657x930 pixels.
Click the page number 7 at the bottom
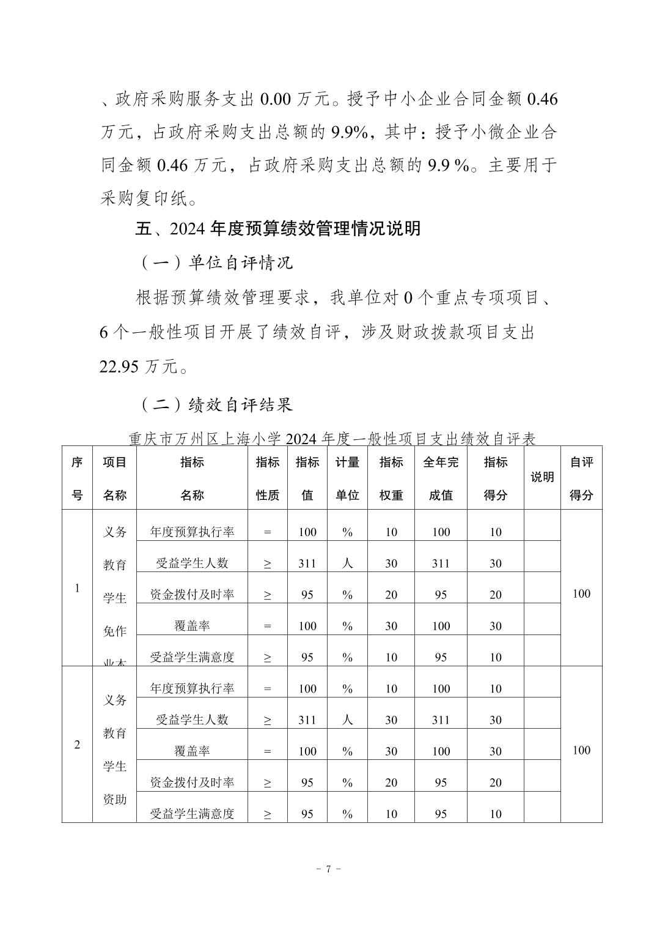328,869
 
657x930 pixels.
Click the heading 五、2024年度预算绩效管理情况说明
277,229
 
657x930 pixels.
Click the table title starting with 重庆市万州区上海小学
332,439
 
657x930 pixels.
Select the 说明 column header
541,477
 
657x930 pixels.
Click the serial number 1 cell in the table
77,588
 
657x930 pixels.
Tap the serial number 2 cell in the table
77,745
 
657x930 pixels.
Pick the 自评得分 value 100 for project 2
581,750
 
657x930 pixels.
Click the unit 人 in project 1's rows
347,563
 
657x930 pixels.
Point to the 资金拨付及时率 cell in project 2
192,782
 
